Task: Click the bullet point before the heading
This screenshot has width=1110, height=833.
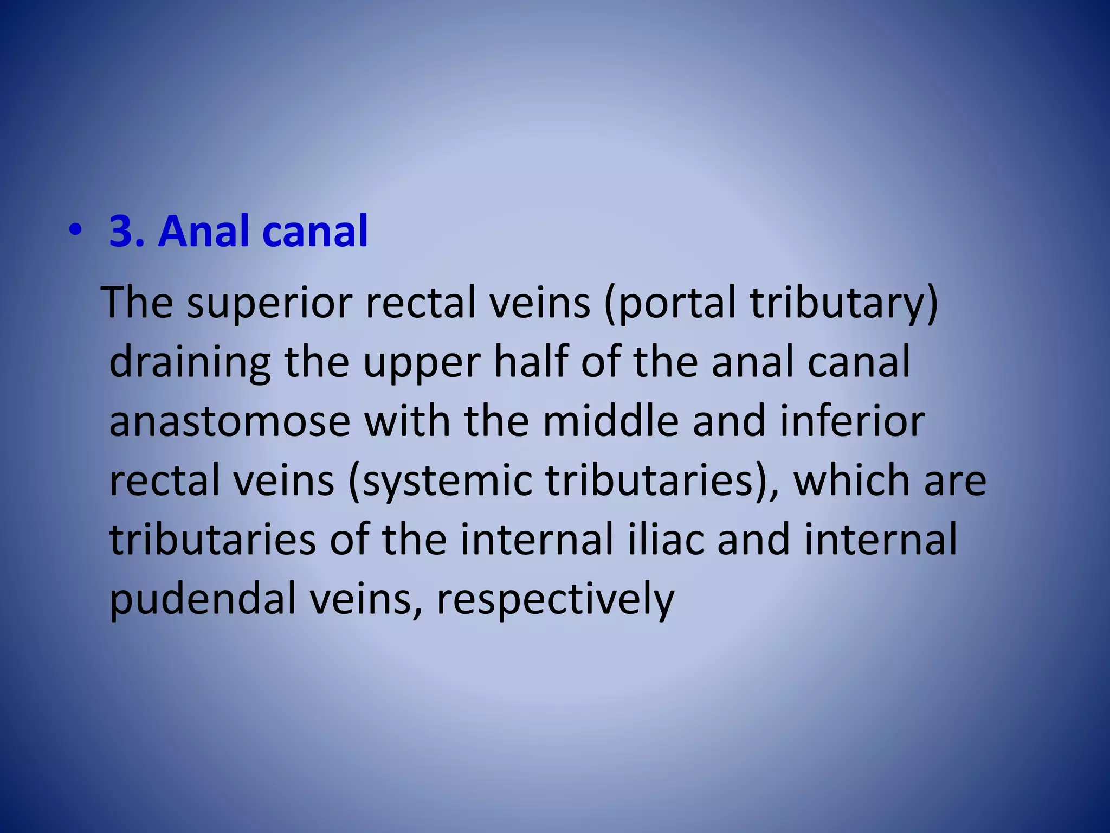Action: click(75, 232)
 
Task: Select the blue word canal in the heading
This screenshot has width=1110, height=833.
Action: click(315, 232)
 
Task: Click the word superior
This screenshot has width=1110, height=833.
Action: click(269, 304)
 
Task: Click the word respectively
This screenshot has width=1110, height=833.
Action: click(555, 601)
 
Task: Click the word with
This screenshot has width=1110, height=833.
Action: click(407, 422)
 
